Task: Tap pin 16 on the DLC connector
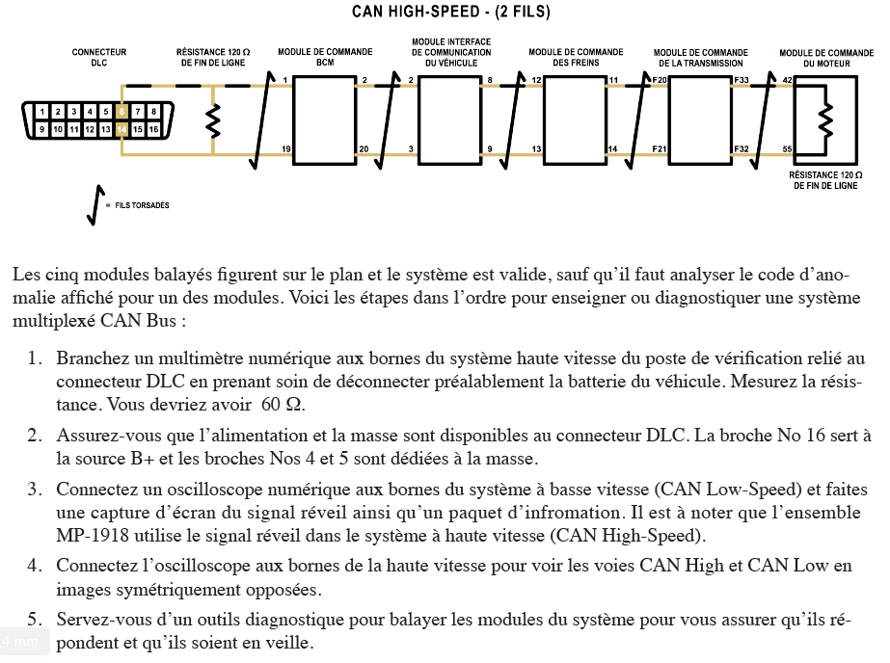pyautogui.click(x=152, y=129)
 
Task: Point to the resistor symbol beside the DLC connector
pyautogui.click(x=213, y=119)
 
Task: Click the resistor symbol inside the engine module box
pyautogui.click(x=824, y=119)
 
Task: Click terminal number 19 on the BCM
pyautogui.click(x=285, y=148)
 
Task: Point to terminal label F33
pyautogui.click(x=742, y=80)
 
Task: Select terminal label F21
pyautogui.click(x=660, y=148)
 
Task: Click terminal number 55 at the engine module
pyautogui.click(x=787, y=148)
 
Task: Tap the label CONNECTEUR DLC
pyautogui.click(x=98, y=57)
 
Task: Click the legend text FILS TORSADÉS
pyautogui.click(x=142, y=205)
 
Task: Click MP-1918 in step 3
pyautogui.click(x=87, y=535)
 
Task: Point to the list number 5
pyautogui.click(x=33, y=620)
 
